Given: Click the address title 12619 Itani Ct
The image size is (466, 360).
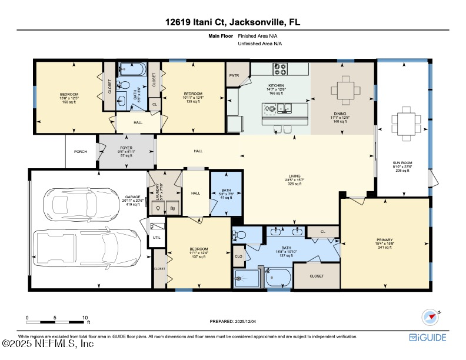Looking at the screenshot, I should click(233, 22).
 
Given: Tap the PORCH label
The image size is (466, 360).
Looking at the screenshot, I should click(81, 152).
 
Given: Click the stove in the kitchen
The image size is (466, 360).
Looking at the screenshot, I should click(280, 69).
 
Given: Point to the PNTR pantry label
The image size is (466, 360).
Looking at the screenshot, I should click(234, 76).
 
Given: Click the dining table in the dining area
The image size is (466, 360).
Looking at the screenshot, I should click(342, 91).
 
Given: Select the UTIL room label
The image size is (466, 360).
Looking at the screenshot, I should click(157, 237).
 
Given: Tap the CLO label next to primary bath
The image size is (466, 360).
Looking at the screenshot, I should click(238, 256).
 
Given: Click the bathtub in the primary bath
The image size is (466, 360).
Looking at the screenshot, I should click(278, 276).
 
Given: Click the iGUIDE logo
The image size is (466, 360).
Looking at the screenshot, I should click(428, 338).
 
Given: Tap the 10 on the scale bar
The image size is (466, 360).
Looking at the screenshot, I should click(85, 317).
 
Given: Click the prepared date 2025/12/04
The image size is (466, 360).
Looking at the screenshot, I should click(233, 321).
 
